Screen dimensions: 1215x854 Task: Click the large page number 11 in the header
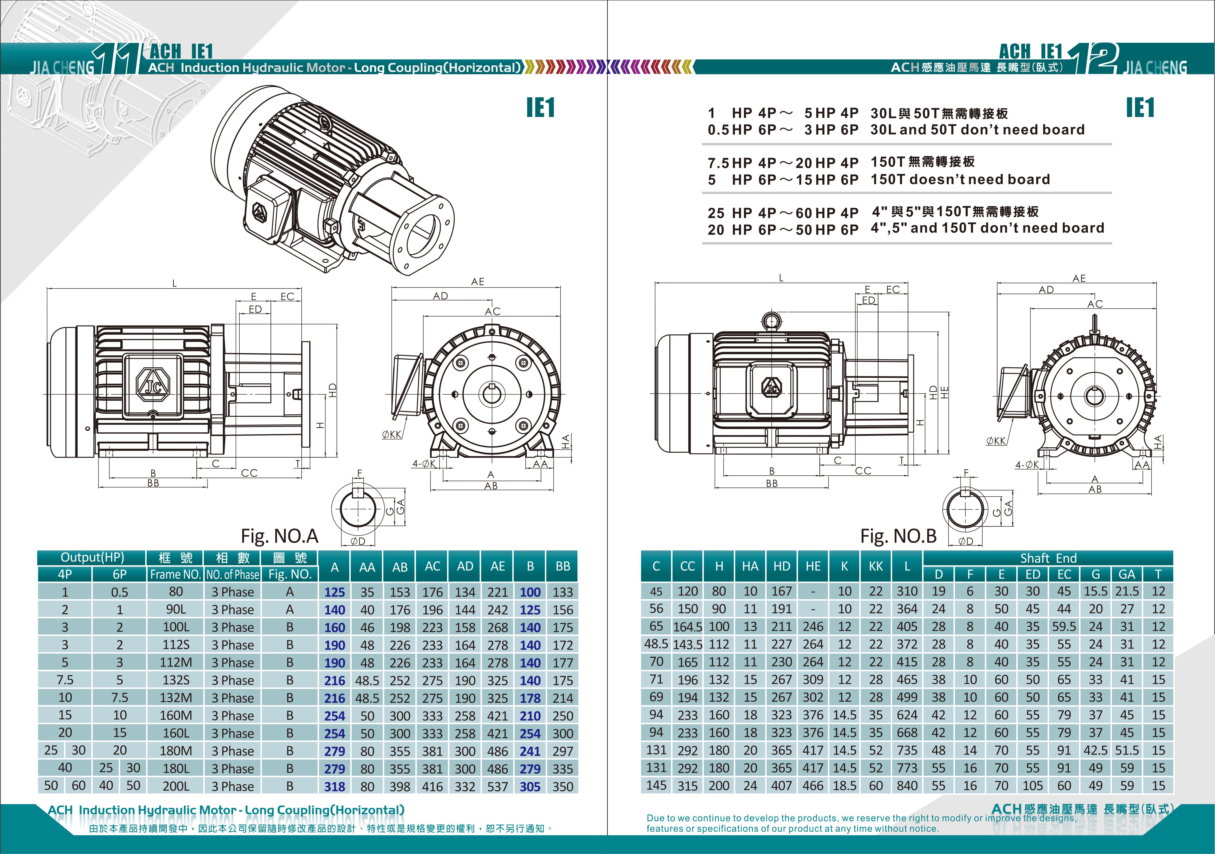116,59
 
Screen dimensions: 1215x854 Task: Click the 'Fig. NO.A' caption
279,536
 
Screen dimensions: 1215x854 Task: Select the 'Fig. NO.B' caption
898,536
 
